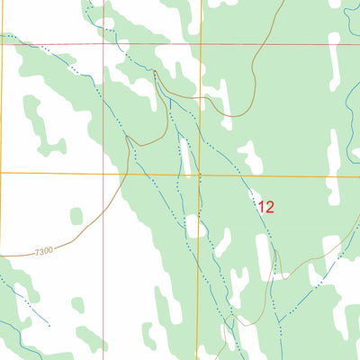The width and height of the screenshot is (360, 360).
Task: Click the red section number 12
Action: point(265,206)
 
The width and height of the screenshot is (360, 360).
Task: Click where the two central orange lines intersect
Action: point(200,174)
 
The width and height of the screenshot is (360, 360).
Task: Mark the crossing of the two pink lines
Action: point(103,42)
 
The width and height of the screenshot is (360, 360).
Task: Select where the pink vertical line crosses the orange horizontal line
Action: point(103,172)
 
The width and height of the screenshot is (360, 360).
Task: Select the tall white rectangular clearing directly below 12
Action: point(263,256)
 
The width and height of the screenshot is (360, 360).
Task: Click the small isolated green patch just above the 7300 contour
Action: point(77,216)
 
